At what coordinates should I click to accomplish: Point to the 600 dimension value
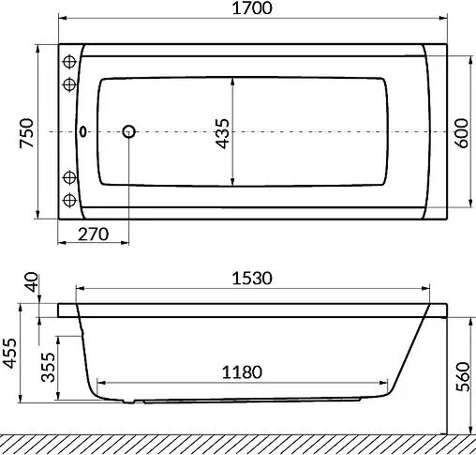[460, 131]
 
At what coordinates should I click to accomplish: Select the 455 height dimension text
[11, 356]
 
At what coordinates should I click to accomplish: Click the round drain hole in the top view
[129, 132]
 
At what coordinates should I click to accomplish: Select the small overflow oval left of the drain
[86, 132]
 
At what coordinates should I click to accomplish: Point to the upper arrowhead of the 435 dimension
[232, 79]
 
